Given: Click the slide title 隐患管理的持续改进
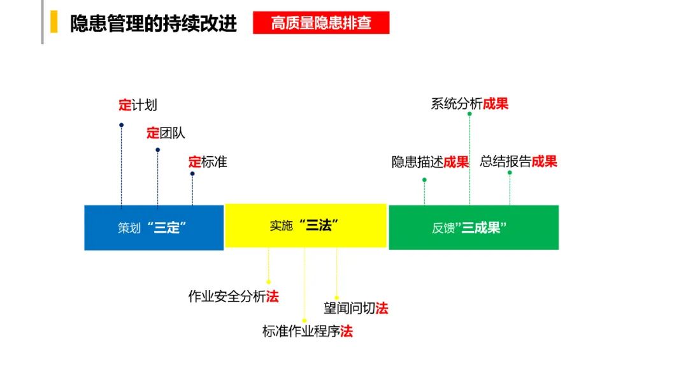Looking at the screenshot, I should tap(153, 24).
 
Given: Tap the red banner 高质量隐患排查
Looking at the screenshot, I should tap(320, 24).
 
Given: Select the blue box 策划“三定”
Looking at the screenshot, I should tap(154, 228).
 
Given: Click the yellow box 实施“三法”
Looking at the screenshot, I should tap(305, 226).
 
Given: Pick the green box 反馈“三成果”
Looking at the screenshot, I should tap(473, 228).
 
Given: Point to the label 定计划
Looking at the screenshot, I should tap(138, 105).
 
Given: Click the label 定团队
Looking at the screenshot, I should tap(166, 133).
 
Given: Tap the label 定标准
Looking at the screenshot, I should tap(208, 162).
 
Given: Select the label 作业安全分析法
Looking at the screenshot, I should tap(233, 296).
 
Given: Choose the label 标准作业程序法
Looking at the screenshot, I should tap(307, 332).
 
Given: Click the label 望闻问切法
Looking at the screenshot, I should tap(355, 309).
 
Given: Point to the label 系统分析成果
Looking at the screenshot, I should tap(469, 104).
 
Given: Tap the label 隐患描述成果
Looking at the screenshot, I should tap(430, 162).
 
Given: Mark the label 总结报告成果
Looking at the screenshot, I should tap(519, 161).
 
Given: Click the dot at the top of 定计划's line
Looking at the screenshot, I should tap(121, 125).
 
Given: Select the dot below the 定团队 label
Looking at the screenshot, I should tap(157, 150).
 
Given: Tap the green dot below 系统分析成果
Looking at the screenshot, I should tap(469, 113).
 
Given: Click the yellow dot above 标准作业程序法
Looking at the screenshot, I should tap(305, 320).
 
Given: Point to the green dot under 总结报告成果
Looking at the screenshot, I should tap(510, 172).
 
